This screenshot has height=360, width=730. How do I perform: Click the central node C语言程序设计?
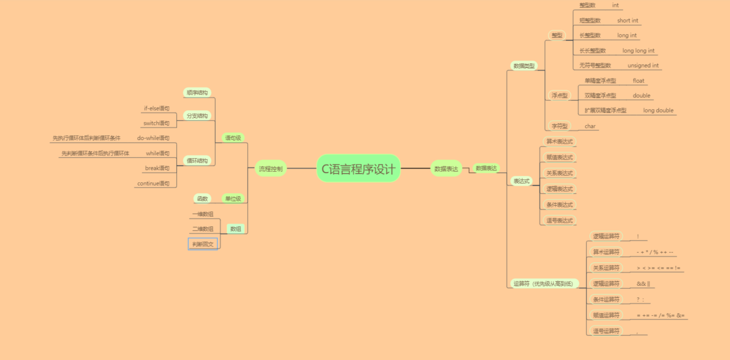point(358,168)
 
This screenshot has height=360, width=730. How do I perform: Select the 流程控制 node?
point(270,169)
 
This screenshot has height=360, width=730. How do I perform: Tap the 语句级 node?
point(233,138)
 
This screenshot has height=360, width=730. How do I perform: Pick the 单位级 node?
point(233,199)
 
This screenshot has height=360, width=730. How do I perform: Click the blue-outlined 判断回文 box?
point(203,244)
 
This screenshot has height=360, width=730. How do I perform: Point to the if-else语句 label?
point(156,108)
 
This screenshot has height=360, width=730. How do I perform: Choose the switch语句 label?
point(156,123)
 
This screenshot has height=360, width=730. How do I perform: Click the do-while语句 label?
point(153,138)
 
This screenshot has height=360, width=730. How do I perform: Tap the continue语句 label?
point(153,184)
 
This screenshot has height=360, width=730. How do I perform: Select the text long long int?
point(638,51)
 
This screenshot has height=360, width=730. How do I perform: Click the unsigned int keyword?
point(643,66)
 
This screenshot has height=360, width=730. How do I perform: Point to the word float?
point(638,81)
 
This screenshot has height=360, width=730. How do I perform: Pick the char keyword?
point(590,126)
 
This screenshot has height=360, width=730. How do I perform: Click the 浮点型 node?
point(560,96)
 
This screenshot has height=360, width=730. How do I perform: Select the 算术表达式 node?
point(559,142)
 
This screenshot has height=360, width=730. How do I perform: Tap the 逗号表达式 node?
point(559,221)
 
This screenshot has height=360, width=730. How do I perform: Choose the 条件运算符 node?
point(606,299)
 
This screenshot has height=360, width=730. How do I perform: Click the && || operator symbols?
point(643,284)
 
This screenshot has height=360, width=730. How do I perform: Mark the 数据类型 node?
point(524,66)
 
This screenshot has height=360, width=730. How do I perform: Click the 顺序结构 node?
point(197,92)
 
